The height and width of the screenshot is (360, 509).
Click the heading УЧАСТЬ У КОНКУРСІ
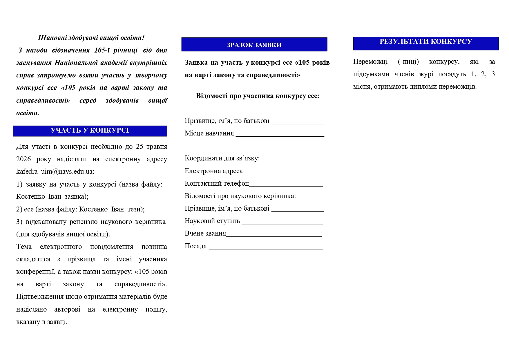pos(90,131)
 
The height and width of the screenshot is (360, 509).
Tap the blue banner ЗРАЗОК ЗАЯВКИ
pos(254,45)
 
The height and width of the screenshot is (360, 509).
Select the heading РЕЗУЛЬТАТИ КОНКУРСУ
pos(425,42)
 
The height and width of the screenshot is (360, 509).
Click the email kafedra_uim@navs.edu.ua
pos(55,171)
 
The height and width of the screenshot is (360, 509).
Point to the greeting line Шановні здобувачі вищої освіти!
pos(91,38)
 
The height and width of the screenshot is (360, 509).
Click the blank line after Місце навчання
pos(280,134)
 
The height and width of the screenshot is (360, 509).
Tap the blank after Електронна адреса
pos(283,172)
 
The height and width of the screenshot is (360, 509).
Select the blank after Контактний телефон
pos(286,184)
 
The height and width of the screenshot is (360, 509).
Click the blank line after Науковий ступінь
pos(282,222)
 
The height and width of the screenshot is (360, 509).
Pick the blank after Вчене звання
pos(274,234)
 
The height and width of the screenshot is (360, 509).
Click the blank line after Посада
pos(266,247)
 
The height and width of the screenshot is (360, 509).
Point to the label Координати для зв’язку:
pos(222,158)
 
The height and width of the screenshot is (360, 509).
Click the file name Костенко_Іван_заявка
pos(51,197)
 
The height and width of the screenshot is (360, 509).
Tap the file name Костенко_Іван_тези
pos(111,209)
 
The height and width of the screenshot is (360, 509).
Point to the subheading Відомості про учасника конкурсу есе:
pos(258,96)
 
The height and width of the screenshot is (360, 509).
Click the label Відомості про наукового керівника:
pos(240,196)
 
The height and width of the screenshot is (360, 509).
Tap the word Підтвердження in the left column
pos(40,297)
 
